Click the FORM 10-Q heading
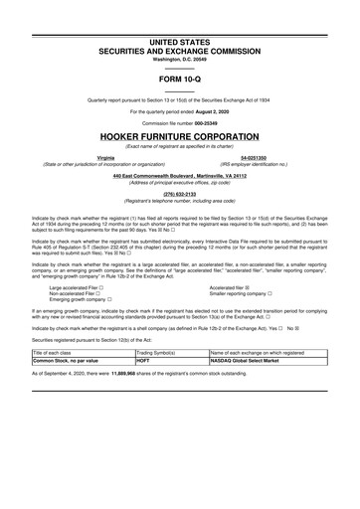click(x=179, y=78)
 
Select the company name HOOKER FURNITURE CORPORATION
click(x=179, y=134)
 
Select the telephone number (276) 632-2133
click(x=179, y=194)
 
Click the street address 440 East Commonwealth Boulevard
click(x=160, y=175)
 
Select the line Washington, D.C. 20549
click(x=179, y=59)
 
